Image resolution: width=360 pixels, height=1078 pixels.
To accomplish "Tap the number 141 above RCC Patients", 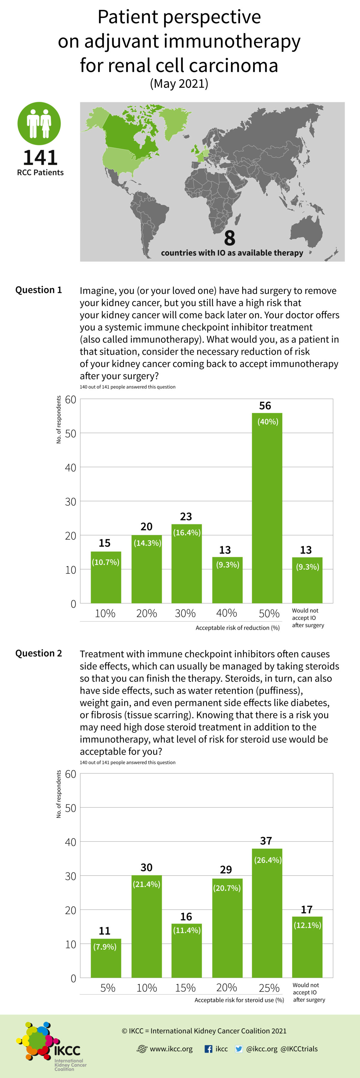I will (40, 158).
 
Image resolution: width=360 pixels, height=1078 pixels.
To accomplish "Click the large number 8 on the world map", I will (229, 238).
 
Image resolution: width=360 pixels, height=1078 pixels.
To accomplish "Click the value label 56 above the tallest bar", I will (265, 406).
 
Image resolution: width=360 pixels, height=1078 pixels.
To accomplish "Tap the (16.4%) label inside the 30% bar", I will (187, 532).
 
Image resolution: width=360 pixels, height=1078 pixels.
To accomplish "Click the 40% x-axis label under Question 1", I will (226, 613).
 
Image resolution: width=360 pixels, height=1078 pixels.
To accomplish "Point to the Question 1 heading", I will (38, 290).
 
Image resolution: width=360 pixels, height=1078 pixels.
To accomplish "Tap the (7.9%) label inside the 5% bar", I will (105, 947).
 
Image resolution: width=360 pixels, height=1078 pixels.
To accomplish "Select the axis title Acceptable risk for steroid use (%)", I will (239, 1000).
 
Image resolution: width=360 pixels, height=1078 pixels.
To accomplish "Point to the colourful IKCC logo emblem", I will (37, 1041).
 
